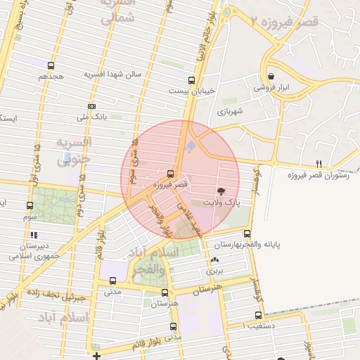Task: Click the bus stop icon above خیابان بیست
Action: click(x=191, y=79)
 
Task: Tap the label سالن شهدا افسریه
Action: click(x=113, y=74)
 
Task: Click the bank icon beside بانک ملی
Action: click(x=92, y=106)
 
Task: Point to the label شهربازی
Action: click(x=230, y=111)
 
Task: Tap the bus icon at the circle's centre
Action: click(x=171, y=173)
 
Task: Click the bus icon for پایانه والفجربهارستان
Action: click(x=247, y=233)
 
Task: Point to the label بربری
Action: click(x=214, y=269)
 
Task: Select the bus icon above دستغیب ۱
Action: click(x=258, y=316)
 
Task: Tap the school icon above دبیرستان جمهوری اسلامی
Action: click(x=34, y=236)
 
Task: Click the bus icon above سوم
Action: click(x=30, y=206)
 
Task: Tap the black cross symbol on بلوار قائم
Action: click(x=96, y=356)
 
